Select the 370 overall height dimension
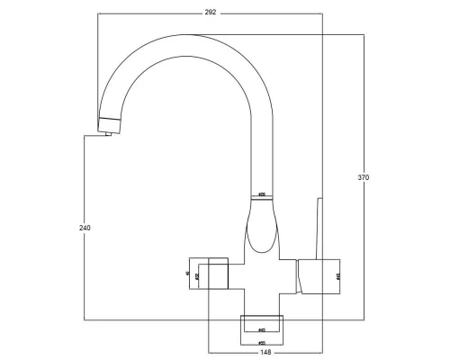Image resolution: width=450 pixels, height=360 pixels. (364, 177)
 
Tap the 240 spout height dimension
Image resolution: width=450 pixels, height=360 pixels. (85, 228)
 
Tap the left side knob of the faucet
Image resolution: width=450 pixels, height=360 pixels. (219, 274)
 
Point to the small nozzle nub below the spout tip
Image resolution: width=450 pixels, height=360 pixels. (108, 133)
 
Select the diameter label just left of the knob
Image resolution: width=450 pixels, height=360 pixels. (196, 274)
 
